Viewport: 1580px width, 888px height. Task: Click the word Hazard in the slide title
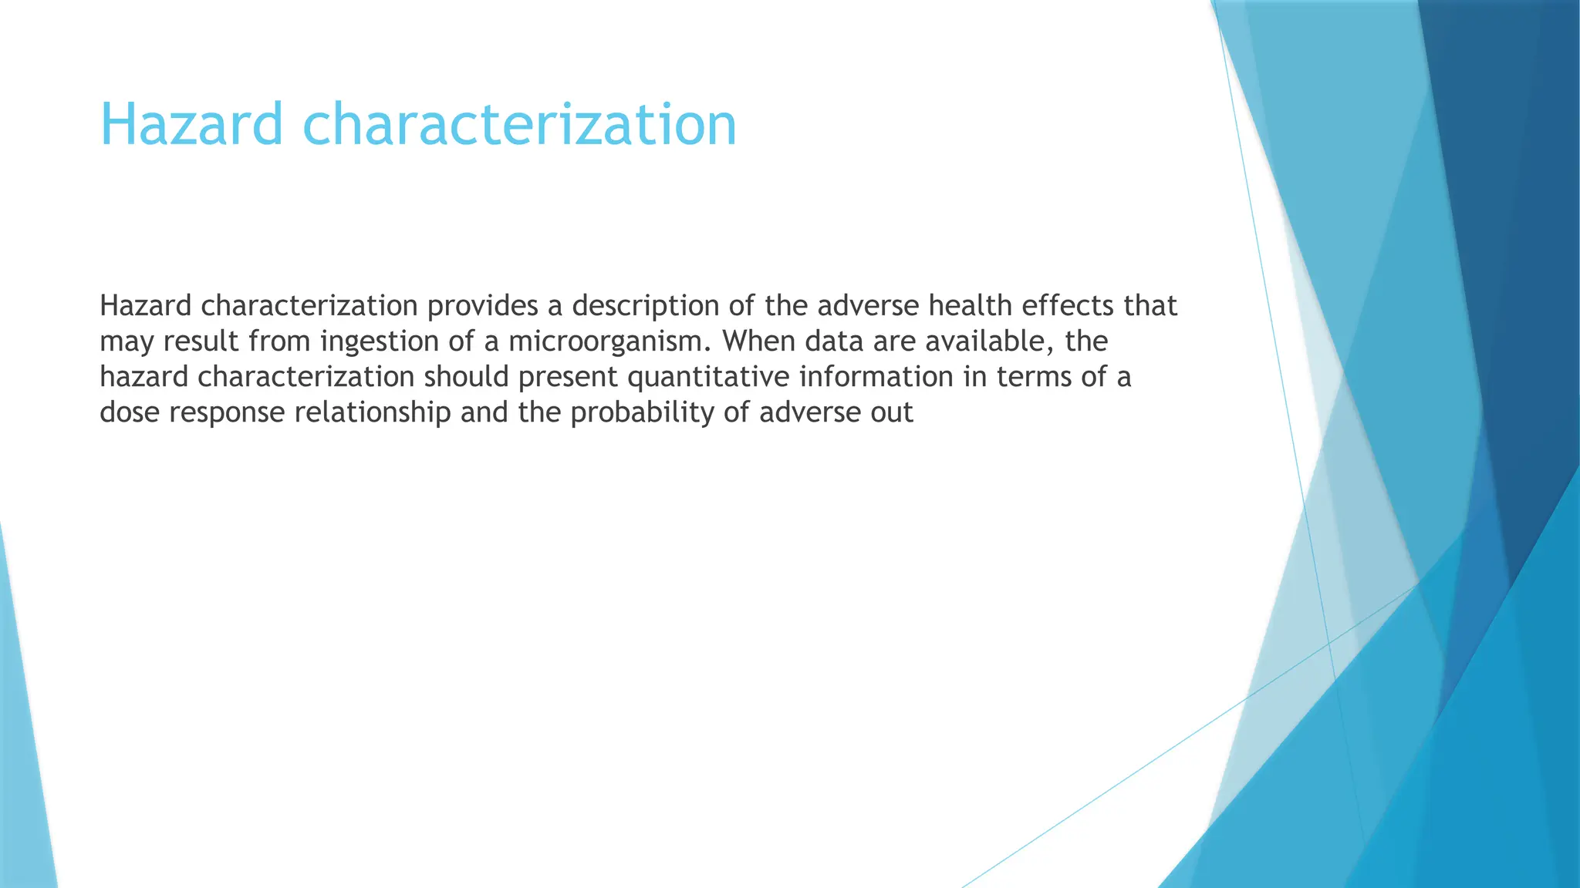click(191, 125)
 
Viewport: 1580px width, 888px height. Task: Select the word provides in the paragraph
click(482, 306)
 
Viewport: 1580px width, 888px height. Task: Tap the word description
click(645, 306)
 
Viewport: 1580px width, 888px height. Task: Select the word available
click(990, 341)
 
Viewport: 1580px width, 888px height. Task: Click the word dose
click(130, 412)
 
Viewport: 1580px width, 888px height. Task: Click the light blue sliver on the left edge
click(23, 732)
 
